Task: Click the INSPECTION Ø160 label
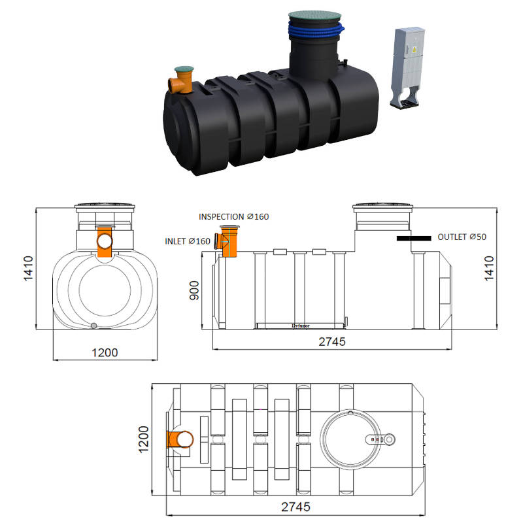[x=234, y=216]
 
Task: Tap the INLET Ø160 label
[x=187, y=242]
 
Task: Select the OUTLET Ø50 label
[x=462, y=237]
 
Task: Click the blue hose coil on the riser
[x=314, y=29]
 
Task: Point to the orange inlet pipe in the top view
[x=180, y=440]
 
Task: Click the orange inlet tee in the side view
[x=229, y=243]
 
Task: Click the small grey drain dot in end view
[x=93, y=326]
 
